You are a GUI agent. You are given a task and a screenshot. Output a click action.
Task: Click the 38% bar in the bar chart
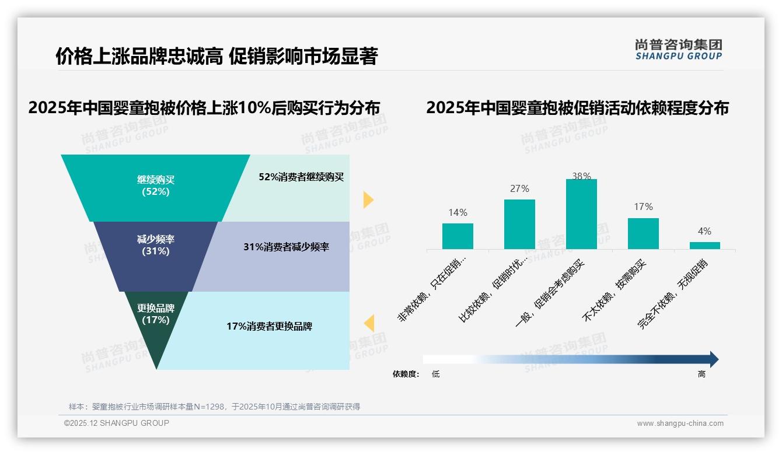pyautogui.click(x=581, y=214)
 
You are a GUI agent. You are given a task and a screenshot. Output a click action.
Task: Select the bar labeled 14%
pyautogui.click(x=458, y=236)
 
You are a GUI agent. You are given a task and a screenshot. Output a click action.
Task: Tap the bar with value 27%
pyautogui.click(x=519, y=225)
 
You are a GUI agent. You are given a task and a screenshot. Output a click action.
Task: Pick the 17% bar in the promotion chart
pyautogui.click(x=643, y=234)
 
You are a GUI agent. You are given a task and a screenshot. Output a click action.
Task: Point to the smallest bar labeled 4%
pyautogui.click(x=704, y=246)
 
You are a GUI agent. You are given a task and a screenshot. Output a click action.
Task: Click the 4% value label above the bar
pyautogui.click(x=704, y=232)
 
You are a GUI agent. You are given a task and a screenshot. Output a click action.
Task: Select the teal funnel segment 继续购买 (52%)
pyautogui.click(x=155, y=186)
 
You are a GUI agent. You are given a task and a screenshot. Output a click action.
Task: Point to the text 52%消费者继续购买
pyautogui.click(x=301, y=177)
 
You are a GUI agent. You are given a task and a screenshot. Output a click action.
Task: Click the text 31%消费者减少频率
pyautogui.click(x=286, y=247)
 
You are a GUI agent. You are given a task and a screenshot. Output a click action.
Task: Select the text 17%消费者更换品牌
pyautogui.click(x=269, y=327)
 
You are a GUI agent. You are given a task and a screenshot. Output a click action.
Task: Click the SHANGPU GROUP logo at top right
pyautogui.click(x=678, y=50)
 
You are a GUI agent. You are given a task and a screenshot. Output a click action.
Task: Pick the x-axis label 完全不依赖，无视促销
pyautogui.click(x=672, y=295)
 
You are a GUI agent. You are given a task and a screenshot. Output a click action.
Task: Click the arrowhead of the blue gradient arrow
pyautogui.click(x=713, y=359)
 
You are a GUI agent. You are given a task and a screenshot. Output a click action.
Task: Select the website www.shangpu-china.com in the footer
pyautogui.click(x=680, y=423)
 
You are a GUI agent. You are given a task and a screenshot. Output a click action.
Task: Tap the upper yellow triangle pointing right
pyautogui.click(x=368, y=199)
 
